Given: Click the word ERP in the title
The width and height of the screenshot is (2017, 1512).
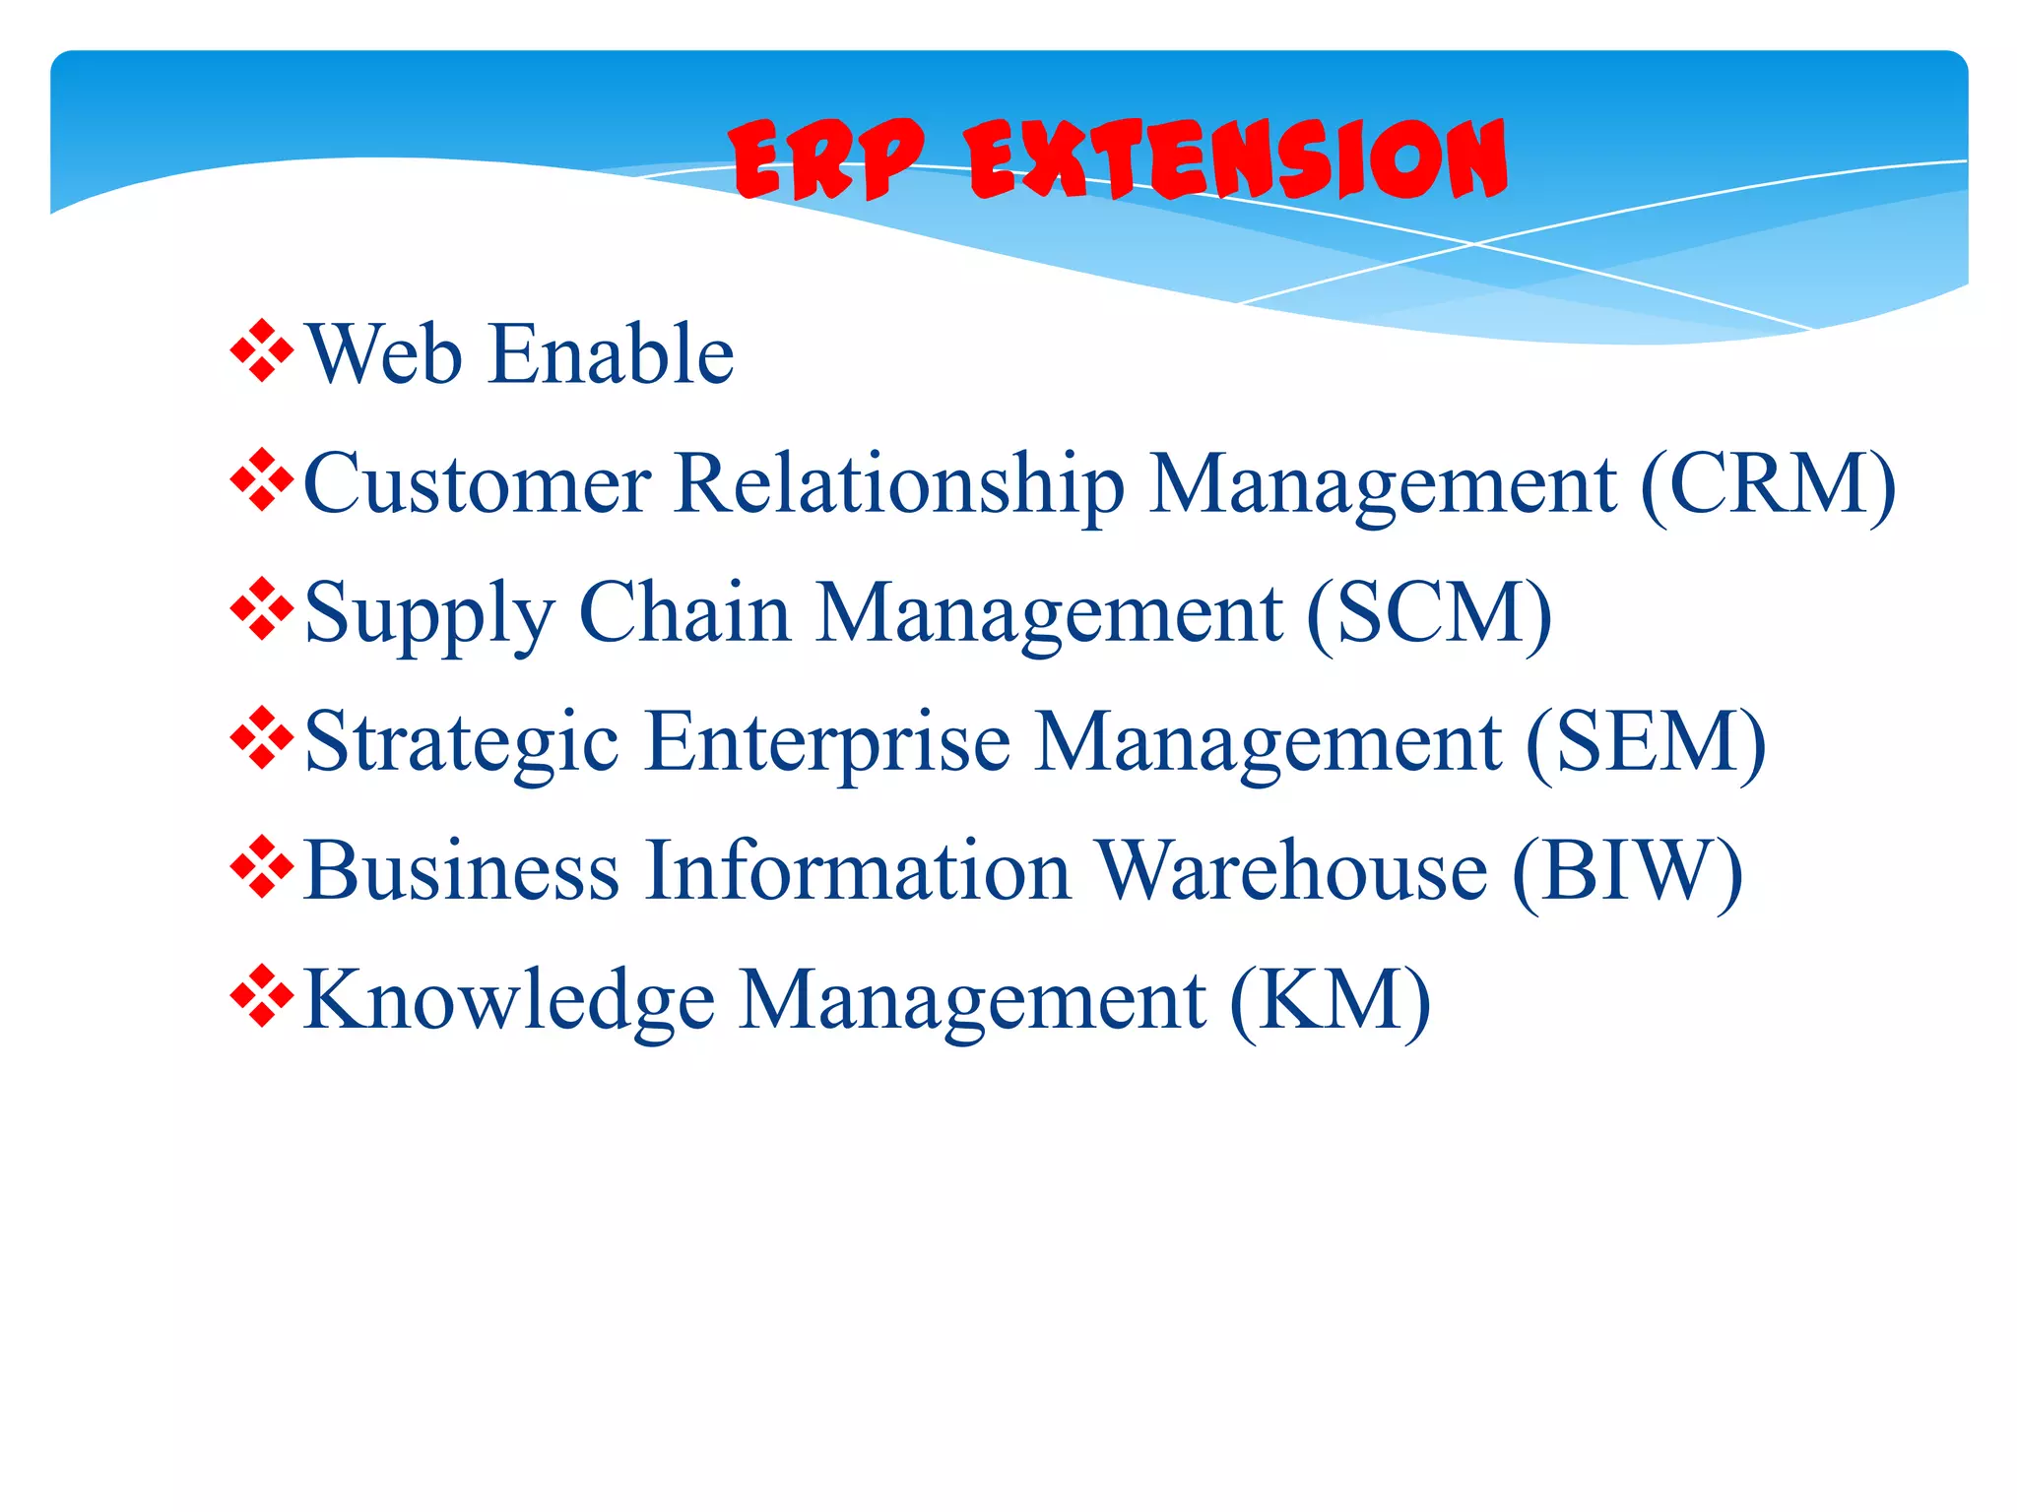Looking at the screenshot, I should tap(827, 159).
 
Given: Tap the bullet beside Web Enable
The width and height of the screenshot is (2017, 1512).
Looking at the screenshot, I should tap(262, 350).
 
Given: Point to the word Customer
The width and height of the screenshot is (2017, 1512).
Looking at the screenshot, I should tap(478, 484).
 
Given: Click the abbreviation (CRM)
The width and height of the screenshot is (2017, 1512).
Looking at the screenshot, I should tap(1768, 484).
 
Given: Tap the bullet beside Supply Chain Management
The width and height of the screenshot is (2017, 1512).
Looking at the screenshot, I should tap(262, 608).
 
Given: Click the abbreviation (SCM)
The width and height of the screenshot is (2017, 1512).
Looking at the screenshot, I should tap(1429, 614).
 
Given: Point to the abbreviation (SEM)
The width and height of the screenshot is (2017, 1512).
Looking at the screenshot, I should tap(1646, 742).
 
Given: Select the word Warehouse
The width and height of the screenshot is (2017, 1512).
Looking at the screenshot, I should tap(1292, 870).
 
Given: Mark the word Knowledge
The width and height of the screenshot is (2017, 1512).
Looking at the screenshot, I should tap(509, 1000).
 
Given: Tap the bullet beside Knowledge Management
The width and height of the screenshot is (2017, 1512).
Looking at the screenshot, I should tap(262, 996).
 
